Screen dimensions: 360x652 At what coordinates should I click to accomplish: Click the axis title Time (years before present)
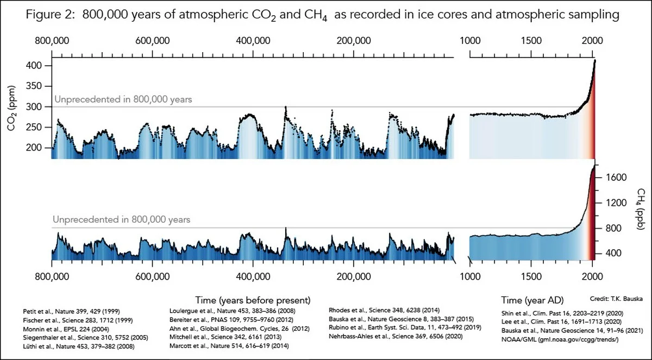(252, 300)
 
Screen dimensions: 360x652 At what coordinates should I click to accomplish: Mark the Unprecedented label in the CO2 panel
(123, 100)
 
